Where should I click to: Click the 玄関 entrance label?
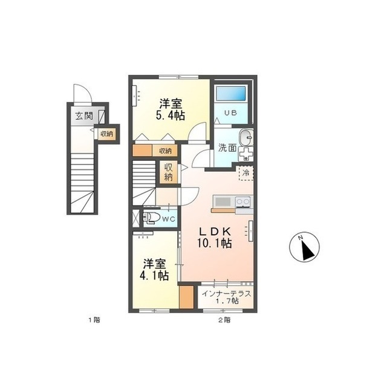pyautogui.click(x=84, y=116)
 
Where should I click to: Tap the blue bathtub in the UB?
pyautogui.click(x=231, y=93)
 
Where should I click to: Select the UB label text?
pyautogui.click(x=230, y=113)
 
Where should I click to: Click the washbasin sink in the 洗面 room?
pyautogui.click(x=246, y=137)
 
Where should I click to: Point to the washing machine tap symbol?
pyautogui.click(x=246, y=154)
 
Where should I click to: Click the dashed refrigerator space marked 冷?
pyautogui.click(x=246, y=173)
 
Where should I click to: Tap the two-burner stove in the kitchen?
pyautogui.click(x=243, y=201)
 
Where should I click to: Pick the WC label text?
pyautogui.click(x=169, y=219)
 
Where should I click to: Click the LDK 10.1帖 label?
pyautogui.click(x=215, y=237)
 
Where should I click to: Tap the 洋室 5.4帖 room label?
pyautogui.click(x=171, y=109)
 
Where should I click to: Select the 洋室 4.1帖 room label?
pyautogui.click(x=154, y=270)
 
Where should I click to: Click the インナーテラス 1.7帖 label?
pyautogui.click(x=226, y=297)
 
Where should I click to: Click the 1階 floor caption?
pyautogui.click(x=94, y=320)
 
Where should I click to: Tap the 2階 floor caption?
pyautogui.click(x=224, y=320)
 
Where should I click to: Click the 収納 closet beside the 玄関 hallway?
pyautogui.click(x=107, y=134)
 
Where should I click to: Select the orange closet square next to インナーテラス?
pyautogui.click(x=186, y=297)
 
